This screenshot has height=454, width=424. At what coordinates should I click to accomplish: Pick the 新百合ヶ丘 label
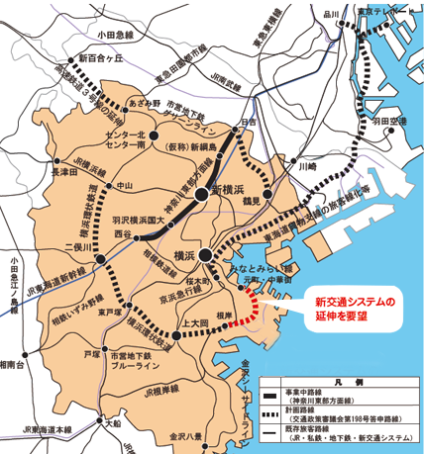point(92,61)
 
